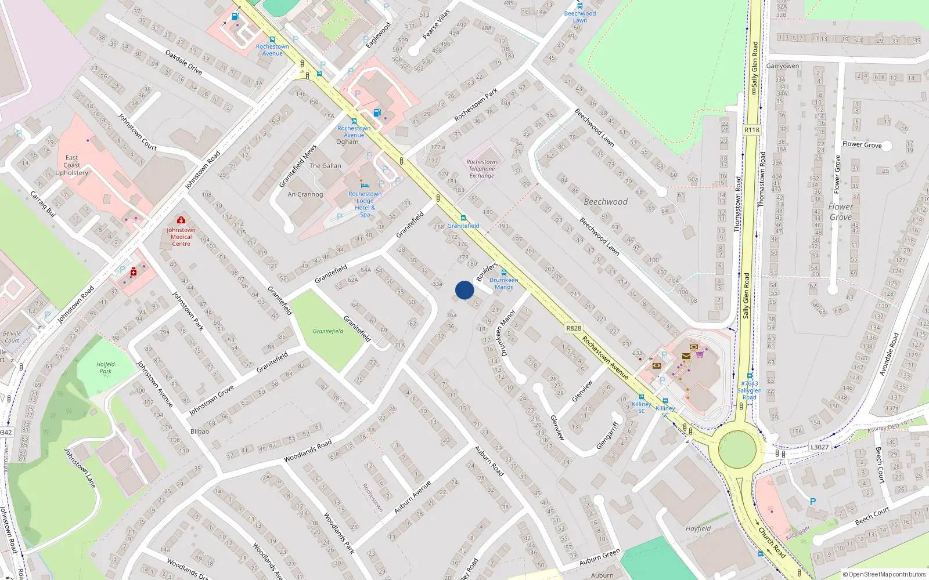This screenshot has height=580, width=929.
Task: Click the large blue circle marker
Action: [464, 290]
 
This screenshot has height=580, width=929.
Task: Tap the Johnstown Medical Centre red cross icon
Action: [181, 220]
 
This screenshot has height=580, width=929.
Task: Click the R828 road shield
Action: [573, 328]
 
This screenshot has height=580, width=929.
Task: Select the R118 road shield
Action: [751, 130]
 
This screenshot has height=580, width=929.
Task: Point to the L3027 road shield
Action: [819, 447]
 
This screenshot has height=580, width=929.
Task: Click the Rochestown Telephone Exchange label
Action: [482, 169]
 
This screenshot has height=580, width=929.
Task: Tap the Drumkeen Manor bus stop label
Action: [503, 283]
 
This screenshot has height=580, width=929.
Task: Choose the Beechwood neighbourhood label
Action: [606, 202]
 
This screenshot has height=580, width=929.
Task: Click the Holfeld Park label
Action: [106, 368]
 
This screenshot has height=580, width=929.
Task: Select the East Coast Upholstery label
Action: [72, 165]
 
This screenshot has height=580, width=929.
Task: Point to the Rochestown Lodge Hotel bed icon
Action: [365, 184]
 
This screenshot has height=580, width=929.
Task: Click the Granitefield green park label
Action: [328, 331]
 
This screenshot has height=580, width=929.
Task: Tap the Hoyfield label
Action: [698, 528]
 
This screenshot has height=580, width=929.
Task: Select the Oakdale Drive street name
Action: [183, 63]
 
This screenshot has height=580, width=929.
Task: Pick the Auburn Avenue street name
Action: [412, 497]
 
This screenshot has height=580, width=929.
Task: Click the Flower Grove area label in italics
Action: [841, 212]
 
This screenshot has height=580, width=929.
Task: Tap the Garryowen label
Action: [783, 66]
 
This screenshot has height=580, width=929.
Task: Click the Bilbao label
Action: [200, 432]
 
